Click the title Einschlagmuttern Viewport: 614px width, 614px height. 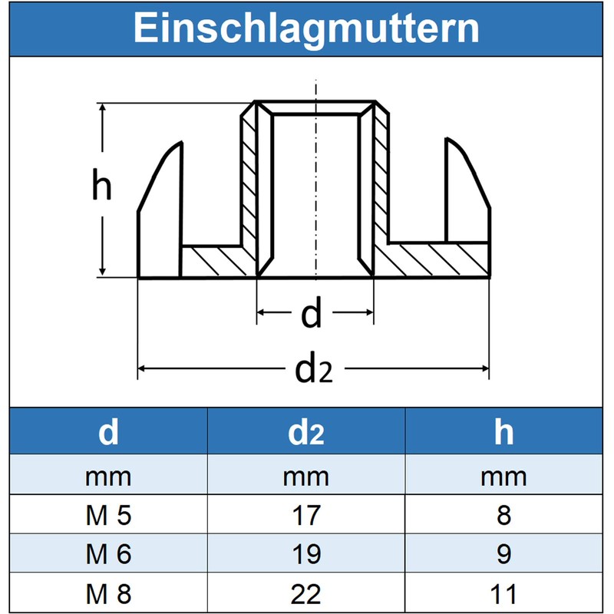coord(306,28)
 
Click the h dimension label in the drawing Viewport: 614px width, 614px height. coord(102,184)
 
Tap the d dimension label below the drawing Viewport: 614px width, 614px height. coord(312,312)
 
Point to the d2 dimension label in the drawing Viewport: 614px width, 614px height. coord(314,368)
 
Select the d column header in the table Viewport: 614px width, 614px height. coord(108,431)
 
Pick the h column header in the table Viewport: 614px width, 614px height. coord(503,431)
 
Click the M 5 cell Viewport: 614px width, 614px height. coord(108,515)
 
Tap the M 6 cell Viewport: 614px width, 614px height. coord(108,554)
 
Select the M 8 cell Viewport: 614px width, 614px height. coord(108,593)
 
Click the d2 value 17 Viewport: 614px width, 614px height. coord(306,515)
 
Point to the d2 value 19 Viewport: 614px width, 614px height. coord(306,554)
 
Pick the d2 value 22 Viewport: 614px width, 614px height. coord(306,593)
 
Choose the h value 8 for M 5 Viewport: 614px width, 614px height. coord(504,515)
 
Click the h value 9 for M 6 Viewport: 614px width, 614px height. coord(504,554)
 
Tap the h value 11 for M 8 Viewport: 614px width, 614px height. coord(504,593)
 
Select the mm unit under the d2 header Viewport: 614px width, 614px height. coord(306,477)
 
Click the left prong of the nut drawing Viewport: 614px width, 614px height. coord(160,210)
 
